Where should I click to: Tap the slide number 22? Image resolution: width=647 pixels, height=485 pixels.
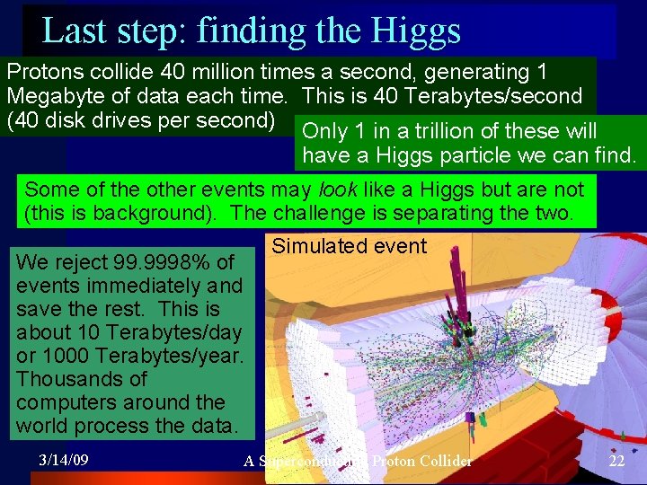coord(616,461)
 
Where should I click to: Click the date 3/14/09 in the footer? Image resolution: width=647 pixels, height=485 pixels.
coord(63,460)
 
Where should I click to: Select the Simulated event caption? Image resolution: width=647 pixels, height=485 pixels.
coord(349,246)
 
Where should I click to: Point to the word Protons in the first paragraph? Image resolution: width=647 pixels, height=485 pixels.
coord(43,72)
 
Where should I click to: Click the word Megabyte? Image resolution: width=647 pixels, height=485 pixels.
coord(52,95)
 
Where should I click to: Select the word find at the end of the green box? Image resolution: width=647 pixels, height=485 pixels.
coord(613,155)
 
